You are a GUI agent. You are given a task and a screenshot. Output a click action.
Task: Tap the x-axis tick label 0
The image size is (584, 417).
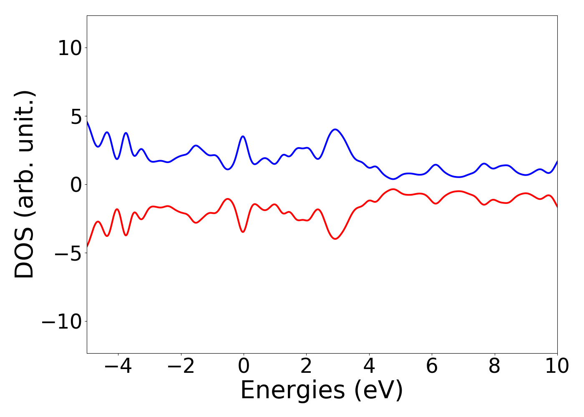pyautogui.click(x=244, y=367)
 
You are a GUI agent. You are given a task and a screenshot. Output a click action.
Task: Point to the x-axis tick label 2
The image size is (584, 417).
pyautogui.click(x=306, y=367)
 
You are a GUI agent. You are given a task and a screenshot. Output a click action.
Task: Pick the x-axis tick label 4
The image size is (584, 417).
pyautogui.click(x=369, y=367)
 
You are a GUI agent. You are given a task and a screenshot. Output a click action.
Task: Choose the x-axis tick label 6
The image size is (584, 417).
pyautogui.click(x=432, y=367)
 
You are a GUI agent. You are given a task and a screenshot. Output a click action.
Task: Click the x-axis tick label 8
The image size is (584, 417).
pyautogui.click(x=494, y=367)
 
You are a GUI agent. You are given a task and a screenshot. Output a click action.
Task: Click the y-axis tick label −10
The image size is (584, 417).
pyautogui.click(x=60, y=322)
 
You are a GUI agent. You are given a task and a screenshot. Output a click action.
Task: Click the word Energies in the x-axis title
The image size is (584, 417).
pyautogui.click(x=292, y=391)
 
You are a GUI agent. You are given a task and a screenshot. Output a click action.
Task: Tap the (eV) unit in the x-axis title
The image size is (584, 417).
pyautogui.click(x=379, y=391)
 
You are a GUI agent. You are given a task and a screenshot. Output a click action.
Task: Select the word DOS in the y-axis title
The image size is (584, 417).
pyautogui.click(x=24, y=255)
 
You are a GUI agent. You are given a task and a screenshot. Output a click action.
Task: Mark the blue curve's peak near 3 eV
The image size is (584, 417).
pyautogui.click(x=335, y=129)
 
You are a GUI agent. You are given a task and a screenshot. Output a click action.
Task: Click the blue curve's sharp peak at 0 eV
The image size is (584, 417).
pyautogui.click(x=243, y=136)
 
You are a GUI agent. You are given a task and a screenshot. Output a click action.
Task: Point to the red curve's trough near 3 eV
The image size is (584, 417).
pyautogui.click(x=335, y=239)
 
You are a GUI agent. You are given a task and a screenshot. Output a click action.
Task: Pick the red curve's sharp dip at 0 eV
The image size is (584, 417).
pyautogui.click(x=243, y=231)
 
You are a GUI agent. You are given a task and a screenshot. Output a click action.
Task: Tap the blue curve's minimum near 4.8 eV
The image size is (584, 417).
pyautogui.click(x=393, y=179)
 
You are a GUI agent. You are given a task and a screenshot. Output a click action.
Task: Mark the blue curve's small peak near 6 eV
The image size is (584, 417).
pyautogui.click(x=435, y=165)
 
